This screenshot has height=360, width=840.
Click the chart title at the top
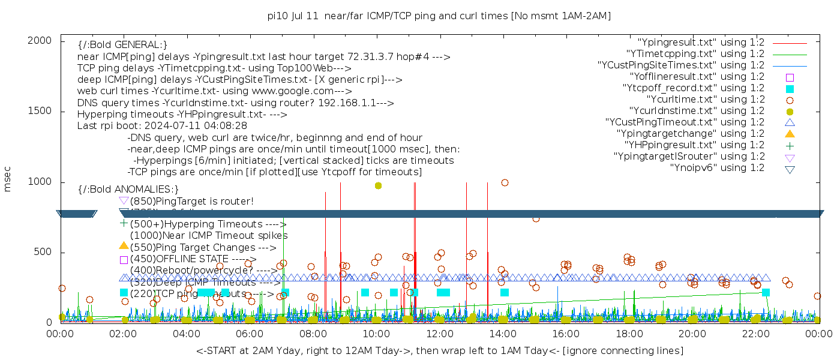point(439,16)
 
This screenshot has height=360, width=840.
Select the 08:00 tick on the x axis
point(313,333)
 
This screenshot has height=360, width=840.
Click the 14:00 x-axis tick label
point(503,333)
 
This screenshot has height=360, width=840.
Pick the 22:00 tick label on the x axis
point(755,333)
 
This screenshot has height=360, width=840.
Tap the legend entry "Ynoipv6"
point(717,168)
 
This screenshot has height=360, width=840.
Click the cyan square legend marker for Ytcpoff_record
point(790,89)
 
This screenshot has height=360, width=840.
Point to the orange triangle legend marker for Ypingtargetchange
point(790,134)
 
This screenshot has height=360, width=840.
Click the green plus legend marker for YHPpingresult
point(790,145)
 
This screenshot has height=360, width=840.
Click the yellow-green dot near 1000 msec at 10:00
point(378,185)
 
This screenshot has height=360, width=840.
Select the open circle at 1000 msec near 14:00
point(505,183)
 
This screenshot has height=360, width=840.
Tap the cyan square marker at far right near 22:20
point(766,293)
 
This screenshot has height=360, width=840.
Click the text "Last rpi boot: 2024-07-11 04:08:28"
point(162,126)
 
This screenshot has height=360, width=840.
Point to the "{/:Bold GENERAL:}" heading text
point(122,45)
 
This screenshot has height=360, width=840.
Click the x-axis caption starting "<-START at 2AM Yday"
point(439,350)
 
